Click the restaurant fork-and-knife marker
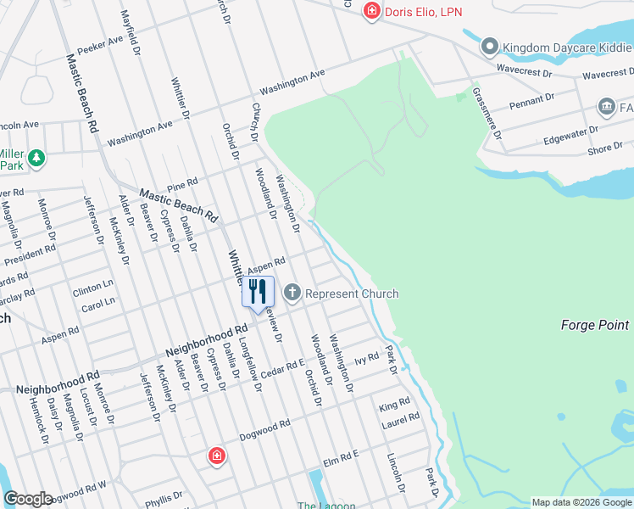pos(258,292)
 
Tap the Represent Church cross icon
pos(292,294)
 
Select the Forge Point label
pos(595,325)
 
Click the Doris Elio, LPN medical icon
pos(370,11)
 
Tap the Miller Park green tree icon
pos(36,157)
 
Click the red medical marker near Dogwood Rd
pos(218,456)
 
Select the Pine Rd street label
pos(182,183)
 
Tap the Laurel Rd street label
pos(401,418)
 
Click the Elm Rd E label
pos(341,460)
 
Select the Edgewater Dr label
pos(570,134)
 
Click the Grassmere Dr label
pos(487,113)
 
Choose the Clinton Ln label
pos(92,289)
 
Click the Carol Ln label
pos(98,303)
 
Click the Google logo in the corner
pos(28,499)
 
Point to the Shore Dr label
pos(605,149)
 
